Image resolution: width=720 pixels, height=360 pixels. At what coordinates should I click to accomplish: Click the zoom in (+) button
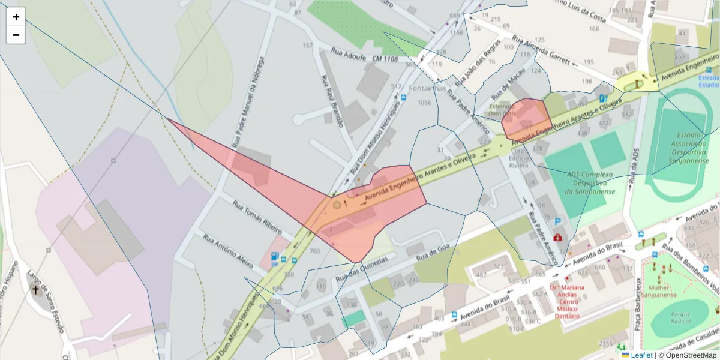click(x=16, y=17)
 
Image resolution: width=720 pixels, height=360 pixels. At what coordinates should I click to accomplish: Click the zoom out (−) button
click(x=16, y=35)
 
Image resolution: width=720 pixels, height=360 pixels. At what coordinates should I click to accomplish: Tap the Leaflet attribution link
click(x=641, y=355)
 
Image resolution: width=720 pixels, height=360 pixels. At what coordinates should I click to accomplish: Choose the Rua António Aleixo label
click(x=228, y=250)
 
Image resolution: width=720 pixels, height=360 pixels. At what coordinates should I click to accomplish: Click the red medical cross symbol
click(x=559, y=238)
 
